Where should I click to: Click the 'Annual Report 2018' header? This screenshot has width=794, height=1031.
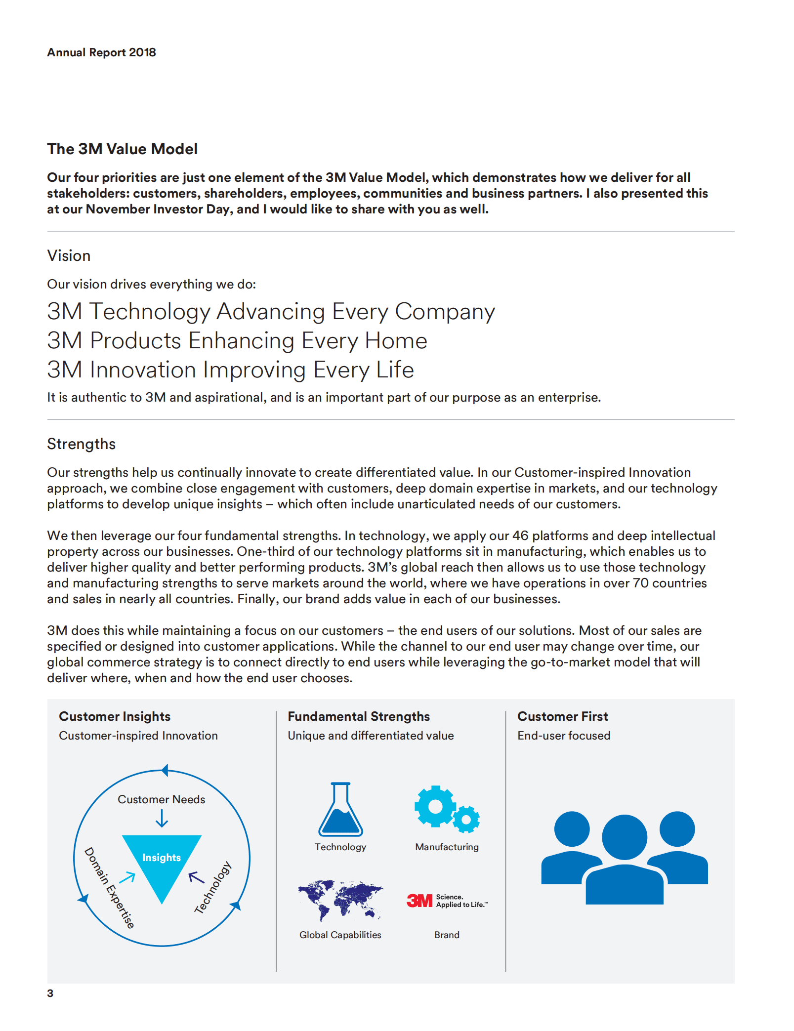[101, 52]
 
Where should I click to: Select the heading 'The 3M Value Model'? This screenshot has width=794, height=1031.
[122, 149]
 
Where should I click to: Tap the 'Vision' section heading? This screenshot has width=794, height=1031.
[69, 255]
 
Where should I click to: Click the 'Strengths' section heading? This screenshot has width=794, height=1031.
[81, 444]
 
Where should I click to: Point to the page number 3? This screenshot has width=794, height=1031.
[50, 993]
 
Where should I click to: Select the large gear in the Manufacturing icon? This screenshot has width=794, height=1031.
[435, 806]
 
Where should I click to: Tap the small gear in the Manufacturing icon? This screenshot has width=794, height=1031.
[466, 820]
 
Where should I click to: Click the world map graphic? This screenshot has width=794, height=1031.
[340, 900]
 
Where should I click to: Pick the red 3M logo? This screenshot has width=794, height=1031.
[419, 901]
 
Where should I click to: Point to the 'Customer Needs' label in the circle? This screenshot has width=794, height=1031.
[161, 799]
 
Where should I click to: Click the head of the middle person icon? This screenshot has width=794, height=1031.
[625, 837]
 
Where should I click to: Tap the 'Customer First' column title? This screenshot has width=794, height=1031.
[562, 716]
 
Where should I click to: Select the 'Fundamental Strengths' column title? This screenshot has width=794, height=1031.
[359, 716]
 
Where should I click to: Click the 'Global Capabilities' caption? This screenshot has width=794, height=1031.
[340, 935]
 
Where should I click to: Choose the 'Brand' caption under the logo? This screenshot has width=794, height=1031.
[447, 935]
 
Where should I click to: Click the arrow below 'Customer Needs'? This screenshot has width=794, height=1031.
[162, 820]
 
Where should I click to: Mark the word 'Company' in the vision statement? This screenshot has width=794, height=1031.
[445, 312]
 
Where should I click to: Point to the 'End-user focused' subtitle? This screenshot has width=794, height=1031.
[564, 736]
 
